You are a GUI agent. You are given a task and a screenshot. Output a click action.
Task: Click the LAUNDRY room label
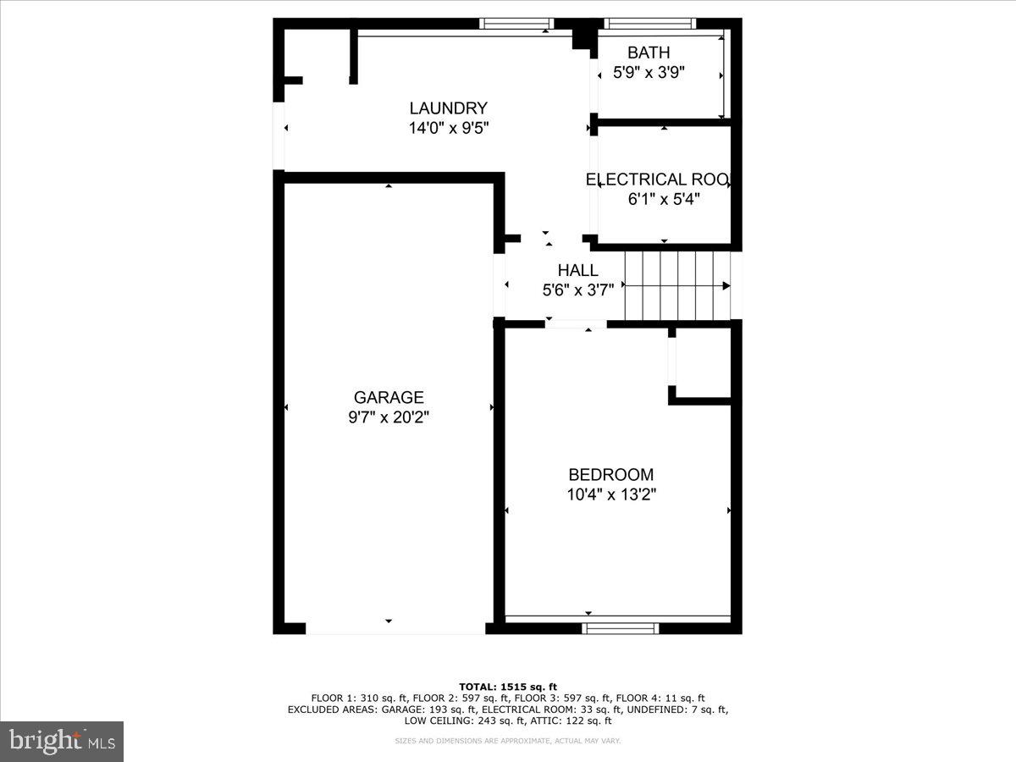[x=448, y=108]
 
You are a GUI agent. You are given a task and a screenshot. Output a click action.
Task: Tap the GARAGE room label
[x=389, y=397]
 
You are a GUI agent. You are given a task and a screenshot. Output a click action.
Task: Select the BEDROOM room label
[x=610, y=475]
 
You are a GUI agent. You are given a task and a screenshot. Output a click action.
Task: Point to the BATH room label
[x=649, y=53]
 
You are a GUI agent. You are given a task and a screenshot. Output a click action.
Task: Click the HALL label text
[x=577, y=271]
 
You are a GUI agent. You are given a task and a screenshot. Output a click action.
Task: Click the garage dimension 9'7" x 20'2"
[x=389, y=417]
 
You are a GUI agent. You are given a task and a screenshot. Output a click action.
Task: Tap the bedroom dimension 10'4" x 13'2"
[x=611, y=494]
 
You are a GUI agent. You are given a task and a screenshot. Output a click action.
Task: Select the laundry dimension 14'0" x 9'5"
[x=448, y=128]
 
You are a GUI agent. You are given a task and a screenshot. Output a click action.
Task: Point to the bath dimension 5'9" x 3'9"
[x=649, y=73]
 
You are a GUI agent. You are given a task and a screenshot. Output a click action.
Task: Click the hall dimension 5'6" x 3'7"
[x=577, y=290]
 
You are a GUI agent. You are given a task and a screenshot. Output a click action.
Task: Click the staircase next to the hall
[x=677, y=286]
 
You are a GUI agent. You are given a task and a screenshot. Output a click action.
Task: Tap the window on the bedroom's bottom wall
[x=621, y=627]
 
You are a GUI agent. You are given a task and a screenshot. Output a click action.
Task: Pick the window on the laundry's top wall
[x=516, y=23]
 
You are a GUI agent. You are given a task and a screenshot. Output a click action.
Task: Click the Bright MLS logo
[x=62, y=741]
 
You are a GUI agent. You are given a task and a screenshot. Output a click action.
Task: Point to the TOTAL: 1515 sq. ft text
[x=507, y=687]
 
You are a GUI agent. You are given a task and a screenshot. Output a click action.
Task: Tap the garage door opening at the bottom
[x=395, y=629]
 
